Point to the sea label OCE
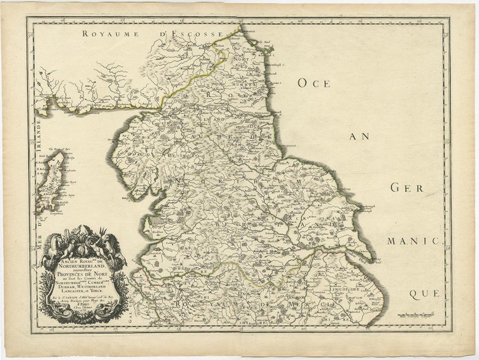pos(321,83)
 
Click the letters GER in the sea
pos(407,187)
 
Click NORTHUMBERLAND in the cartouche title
pos(83,265)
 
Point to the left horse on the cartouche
pos(53,244)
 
